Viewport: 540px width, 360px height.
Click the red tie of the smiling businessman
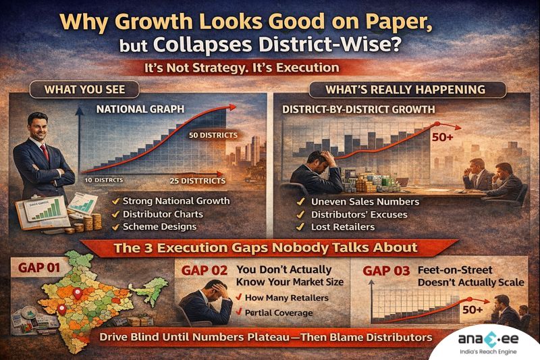point(45,152)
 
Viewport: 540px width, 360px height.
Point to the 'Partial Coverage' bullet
point(277,312)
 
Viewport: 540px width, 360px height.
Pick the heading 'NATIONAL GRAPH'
point(132,109)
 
